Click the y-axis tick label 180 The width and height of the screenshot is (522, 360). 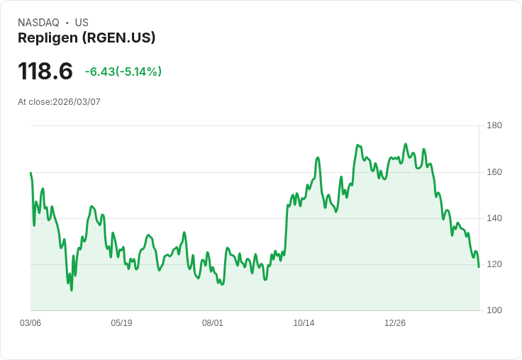pyautogui.click(x=494, y=125)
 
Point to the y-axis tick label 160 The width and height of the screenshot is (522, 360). pyautogui.click(x=494, y=171)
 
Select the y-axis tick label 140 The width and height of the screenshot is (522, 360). pyautogui.click(x=494, y=218)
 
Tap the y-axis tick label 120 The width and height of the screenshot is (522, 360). pyautogui.click(x=494, y=264)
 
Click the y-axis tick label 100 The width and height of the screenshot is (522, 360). pyautogui.click(x=494, y=310)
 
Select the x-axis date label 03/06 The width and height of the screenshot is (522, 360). pyautogui.click(x=30, y=323)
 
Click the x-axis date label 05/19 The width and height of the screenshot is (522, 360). pyautogui.click(x=121, y=323)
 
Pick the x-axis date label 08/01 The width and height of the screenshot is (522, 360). pyautogui.click(x=213, y=323)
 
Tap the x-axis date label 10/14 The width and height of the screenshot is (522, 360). pyautogui.click(x=304, y=323)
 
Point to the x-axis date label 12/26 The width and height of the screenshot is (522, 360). pyautogui.click(x=395, y=323)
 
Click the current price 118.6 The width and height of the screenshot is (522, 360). pyautogui.click(x=45, y=72)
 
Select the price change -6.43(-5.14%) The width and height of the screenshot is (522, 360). pyautogui.click(x=123, y=72)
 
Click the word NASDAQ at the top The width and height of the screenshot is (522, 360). pyautogui.click(x=38, y=23)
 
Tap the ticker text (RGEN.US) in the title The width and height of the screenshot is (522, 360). pyautogui.click(x=119, y=38)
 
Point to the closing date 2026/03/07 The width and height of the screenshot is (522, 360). pyautogui.click(x=77, y=102)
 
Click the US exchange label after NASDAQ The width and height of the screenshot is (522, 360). pyautogui.click(x=82, y=23)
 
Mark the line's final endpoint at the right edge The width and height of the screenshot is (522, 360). pyautogui.click(x=479, y=267)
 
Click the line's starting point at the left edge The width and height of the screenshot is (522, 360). pyautogui.click(x=30, y=173)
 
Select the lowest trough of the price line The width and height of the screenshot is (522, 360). pyautogui.click(x=72, y=290)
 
